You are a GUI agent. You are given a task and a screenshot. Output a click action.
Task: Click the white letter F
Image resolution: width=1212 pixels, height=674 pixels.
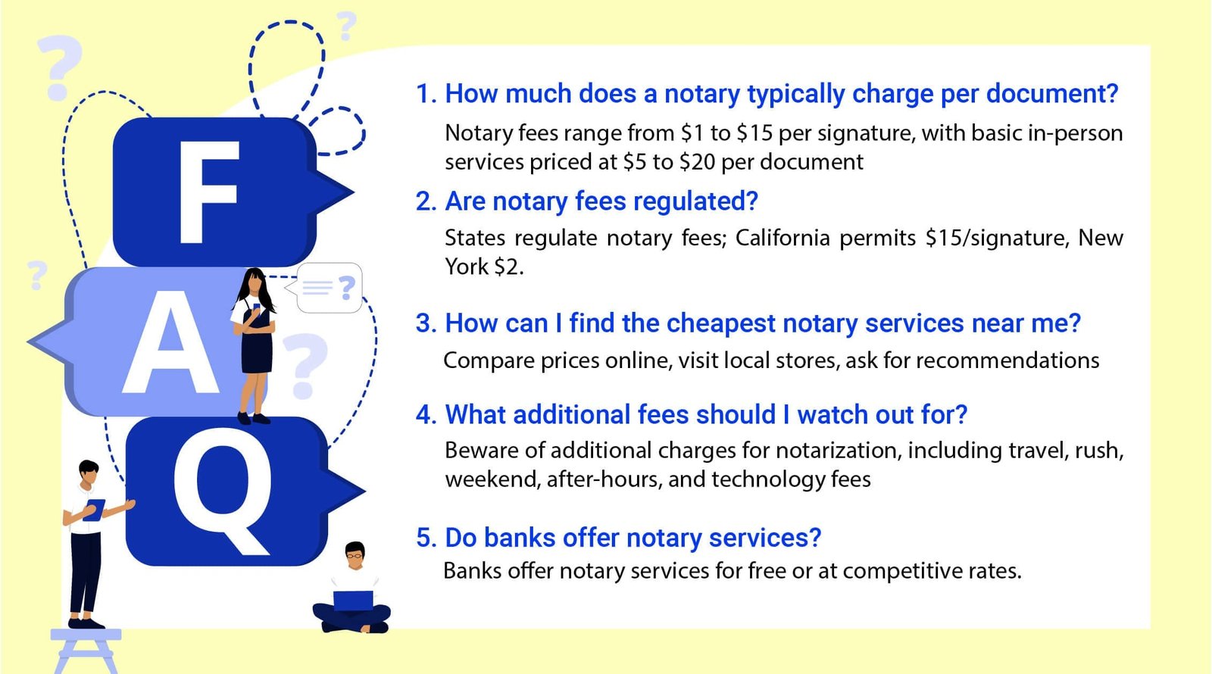[208, 192]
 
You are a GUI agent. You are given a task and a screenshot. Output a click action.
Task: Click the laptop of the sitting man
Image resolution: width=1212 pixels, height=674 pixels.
[353, 601]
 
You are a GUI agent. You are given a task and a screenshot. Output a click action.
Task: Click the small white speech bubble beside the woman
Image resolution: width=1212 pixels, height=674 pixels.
[329, 288]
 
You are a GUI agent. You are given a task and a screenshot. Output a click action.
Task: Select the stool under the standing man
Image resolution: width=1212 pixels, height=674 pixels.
[86, 651]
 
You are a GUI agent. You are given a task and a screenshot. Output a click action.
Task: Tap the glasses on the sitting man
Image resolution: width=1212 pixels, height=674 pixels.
[355, 556]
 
